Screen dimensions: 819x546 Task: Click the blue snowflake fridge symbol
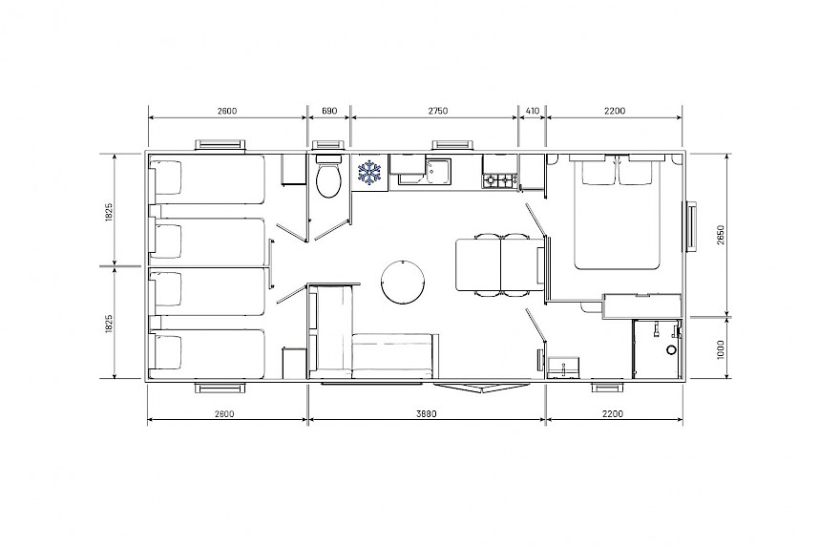[x=369, y=173]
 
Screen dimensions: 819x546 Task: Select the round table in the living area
[x=403, y=282]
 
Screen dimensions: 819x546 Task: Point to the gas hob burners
[x=499, y=180]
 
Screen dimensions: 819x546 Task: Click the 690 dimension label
[x=329, y=111]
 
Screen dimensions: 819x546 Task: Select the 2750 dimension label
[x=438, y=111]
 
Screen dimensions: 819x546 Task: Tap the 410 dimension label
[x=532, y=111]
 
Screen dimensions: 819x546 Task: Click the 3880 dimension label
[x=427, y=414]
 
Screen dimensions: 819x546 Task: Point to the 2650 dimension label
[x=721, y=235]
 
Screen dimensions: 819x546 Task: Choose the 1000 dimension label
[x=721, y=348]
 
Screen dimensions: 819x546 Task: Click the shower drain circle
[x=671, y=350]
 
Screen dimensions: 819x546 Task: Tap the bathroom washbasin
[x=563, y=367]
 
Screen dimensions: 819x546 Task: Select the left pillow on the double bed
[x=598, y=170]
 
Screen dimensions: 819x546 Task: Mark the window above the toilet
[x=328, y=145]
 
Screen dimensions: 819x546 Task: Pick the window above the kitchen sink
[x=452, y=145]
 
